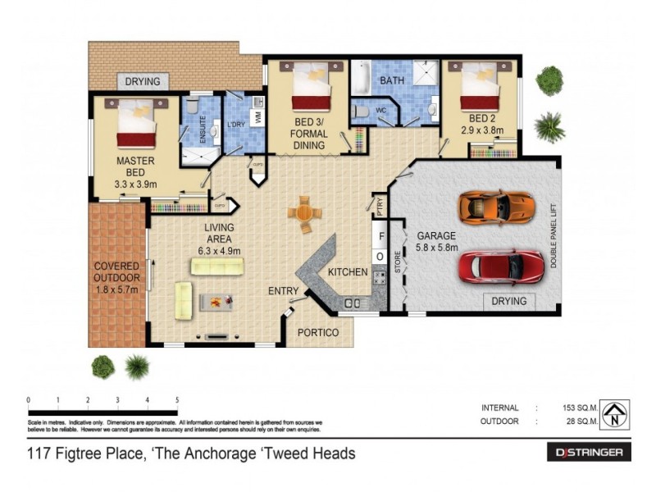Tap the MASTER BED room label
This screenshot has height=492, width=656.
pyautogui.click(x=130, y=167)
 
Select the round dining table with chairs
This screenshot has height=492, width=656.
pyautogui.click(x=303, y=214)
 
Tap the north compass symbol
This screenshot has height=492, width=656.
pyautogui.click(x=614, y=413)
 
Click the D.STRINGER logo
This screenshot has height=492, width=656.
pyautogui.click(x=589, y=453)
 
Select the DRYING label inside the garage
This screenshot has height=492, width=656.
pyautogui.click(x=508, y=301)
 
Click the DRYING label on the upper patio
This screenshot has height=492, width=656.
pyautogui.click(x=142, y=82)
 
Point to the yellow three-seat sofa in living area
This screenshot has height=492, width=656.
pyautogui.click(x=217, y=266)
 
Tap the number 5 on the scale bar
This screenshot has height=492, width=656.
pyautogui.click(x=177, y=400)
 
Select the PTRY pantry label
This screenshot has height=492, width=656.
pyautogui.click(x=379, y=205)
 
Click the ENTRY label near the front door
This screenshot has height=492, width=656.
pyautogui.click(x=283, y=291)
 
